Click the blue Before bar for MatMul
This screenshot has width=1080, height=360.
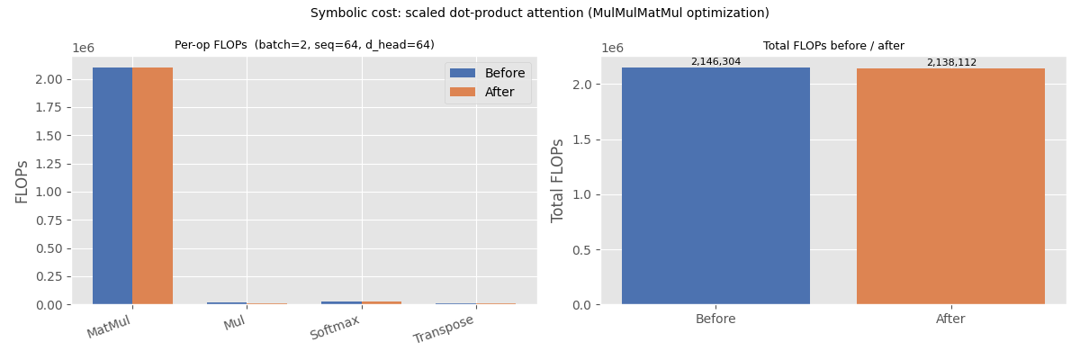click(x=112, y=185)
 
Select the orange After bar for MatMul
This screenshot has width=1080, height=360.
click(x=152, y=185)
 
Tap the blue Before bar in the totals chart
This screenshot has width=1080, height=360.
click(x=715, y=185)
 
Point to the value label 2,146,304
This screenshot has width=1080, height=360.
click(x=715, y=62)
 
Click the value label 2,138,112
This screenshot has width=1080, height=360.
click(x=951, y=63)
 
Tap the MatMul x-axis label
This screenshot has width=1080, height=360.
click(x=108, y=327)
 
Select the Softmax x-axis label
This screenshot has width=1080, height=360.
click(x=334, y=328)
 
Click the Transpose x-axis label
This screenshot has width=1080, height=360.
click(x=443, y=329)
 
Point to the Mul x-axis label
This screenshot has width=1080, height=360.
click(x=234, y=323)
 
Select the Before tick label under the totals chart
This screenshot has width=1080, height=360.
click(x=715, y=319)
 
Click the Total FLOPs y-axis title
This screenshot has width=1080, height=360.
click(x=559, y=180)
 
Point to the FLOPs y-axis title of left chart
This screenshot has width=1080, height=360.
click(x=22, y=181)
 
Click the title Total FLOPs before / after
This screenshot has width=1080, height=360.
click(x=833, y=46)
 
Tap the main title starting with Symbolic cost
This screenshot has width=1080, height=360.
click(x=540, y=13)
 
